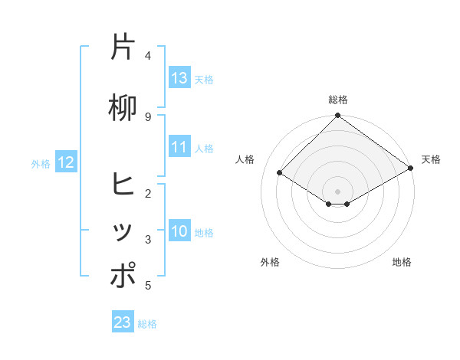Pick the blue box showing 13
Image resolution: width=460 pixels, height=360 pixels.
179,78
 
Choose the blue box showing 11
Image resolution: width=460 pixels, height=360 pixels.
179,147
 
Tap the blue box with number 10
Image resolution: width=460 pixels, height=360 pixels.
179,231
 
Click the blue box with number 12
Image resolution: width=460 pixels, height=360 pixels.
65,162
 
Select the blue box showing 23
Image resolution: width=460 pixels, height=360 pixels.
123,322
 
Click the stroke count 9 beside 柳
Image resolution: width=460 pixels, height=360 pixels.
148,116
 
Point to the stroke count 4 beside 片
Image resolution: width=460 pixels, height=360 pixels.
148,56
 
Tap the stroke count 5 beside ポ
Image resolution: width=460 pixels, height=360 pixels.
148,286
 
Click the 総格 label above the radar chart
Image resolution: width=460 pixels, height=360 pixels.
338,100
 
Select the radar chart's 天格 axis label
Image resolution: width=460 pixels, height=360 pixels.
431,159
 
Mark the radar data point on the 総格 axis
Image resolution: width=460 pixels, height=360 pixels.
338,116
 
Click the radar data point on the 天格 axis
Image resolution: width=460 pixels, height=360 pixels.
411,168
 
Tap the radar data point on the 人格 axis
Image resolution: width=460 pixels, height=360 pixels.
280,173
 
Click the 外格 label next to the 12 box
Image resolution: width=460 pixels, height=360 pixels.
41,163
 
